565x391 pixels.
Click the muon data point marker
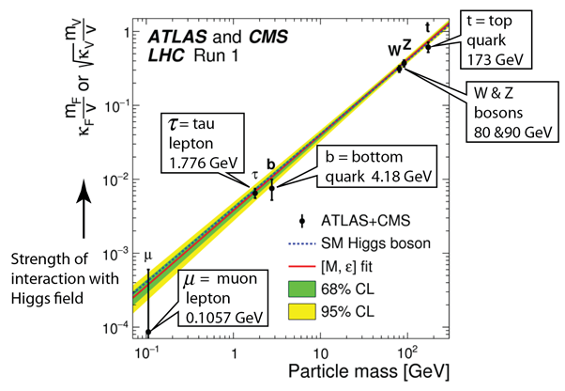click(148, 332)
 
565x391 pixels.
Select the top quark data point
click(428, 45)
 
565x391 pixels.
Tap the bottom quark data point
click(271, 188)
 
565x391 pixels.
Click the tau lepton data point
click(254, 193)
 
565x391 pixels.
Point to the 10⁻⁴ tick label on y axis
click(119, 326)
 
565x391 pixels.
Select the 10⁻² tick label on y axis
click(119, 180)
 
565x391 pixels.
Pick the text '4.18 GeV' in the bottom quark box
click(402, 177)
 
